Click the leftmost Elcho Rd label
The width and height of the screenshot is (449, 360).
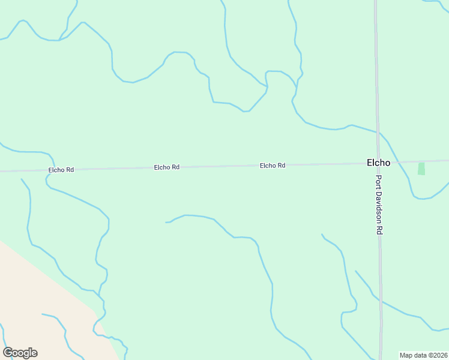61,170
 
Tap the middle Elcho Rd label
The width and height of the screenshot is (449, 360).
167,167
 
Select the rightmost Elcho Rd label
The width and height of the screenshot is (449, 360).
273,165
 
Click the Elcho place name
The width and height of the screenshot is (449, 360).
379,163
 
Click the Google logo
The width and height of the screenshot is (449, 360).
20,352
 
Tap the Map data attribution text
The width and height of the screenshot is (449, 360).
424,355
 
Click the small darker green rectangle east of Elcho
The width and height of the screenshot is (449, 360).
421,169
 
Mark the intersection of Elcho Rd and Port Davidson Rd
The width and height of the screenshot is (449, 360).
378,163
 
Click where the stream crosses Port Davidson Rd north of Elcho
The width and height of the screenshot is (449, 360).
378,131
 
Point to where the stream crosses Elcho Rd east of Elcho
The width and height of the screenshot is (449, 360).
403,162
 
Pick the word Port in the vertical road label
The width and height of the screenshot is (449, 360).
379,184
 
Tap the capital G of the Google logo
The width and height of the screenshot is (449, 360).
8,352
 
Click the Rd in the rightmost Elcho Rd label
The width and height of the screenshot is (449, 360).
280,165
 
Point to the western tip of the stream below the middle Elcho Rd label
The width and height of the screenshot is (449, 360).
166,222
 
